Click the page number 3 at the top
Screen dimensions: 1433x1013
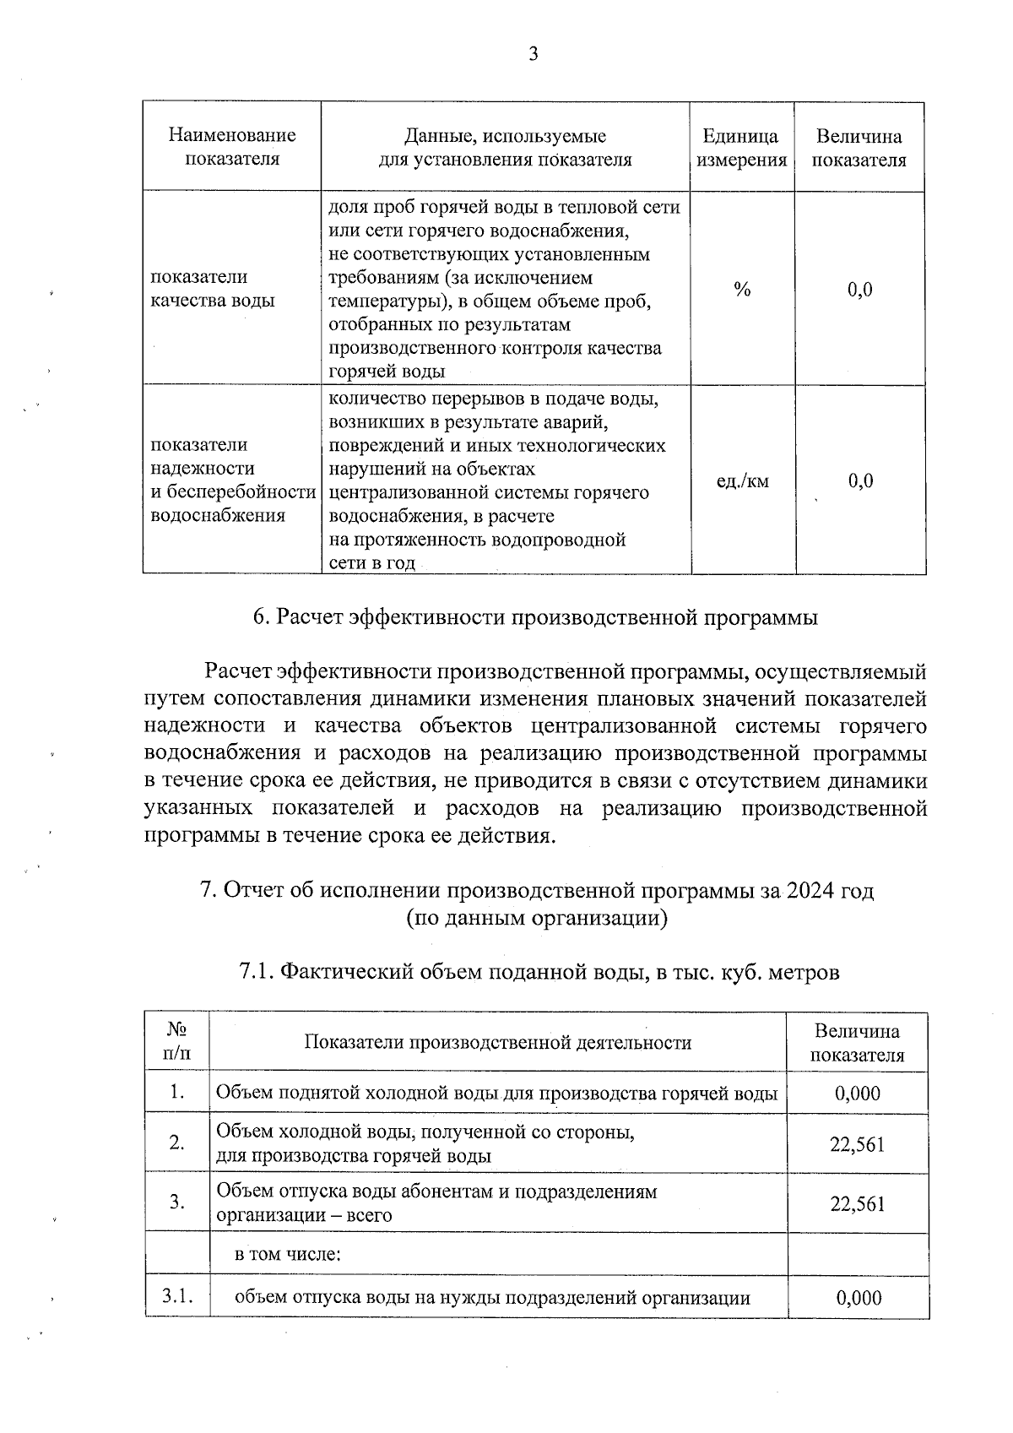click(533, 55)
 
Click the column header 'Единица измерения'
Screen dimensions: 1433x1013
click(740, 149)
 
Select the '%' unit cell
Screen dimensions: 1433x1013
click(742, 290)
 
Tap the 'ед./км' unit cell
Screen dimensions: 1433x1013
click(742, 481)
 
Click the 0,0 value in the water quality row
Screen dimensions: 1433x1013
click(859, 290)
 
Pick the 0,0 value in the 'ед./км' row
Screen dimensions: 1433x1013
click(859, 481)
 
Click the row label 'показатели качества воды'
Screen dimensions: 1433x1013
click(212, 289)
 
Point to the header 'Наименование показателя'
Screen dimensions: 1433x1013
click(232, 148)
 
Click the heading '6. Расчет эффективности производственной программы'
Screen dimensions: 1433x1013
click(535, 617)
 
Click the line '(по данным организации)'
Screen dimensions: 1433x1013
click(537, 918)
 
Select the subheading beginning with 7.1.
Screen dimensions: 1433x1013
click(539, 972)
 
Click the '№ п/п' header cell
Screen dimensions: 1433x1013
click(176, 1042)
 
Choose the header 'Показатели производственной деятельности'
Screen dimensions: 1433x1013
click(497, 1043)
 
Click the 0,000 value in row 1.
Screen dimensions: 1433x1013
click(857, 1094)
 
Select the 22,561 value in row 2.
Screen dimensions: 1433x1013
click(857, 1144)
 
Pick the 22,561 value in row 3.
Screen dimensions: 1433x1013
click(857, 1204)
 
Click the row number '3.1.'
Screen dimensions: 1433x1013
click(177, 1296)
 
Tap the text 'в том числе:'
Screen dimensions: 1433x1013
click(287, 1254)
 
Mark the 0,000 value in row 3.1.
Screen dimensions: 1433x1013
click(859, 1298)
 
